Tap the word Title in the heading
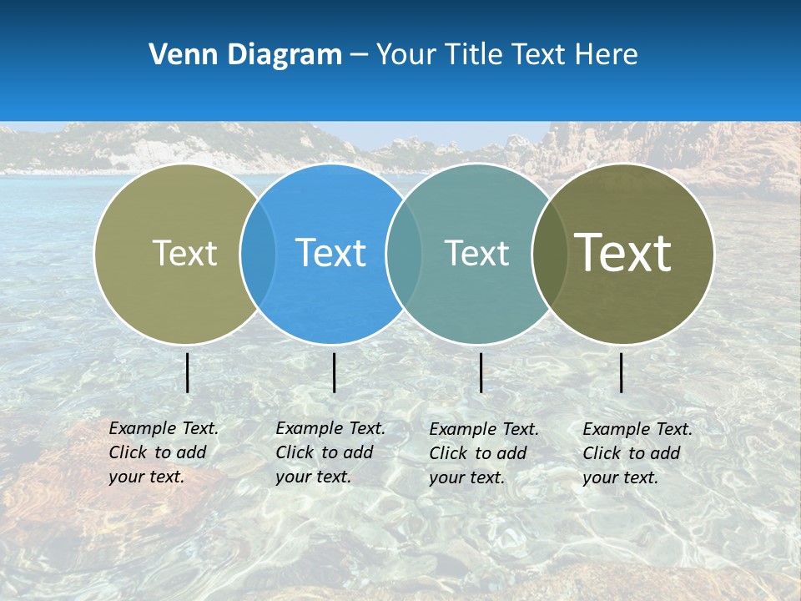[476, 54]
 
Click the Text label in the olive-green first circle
[184, 253]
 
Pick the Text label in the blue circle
[330, 253]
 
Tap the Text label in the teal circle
[476, 253]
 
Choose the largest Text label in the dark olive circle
[622, 252]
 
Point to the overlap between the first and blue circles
[258, 253]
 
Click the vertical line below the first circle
[188, 372]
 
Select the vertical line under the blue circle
[334, 372]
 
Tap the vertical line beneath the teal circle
[481, 372]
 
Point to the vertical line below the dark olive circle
[622, 372]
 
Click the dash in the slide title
[359, 55]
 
